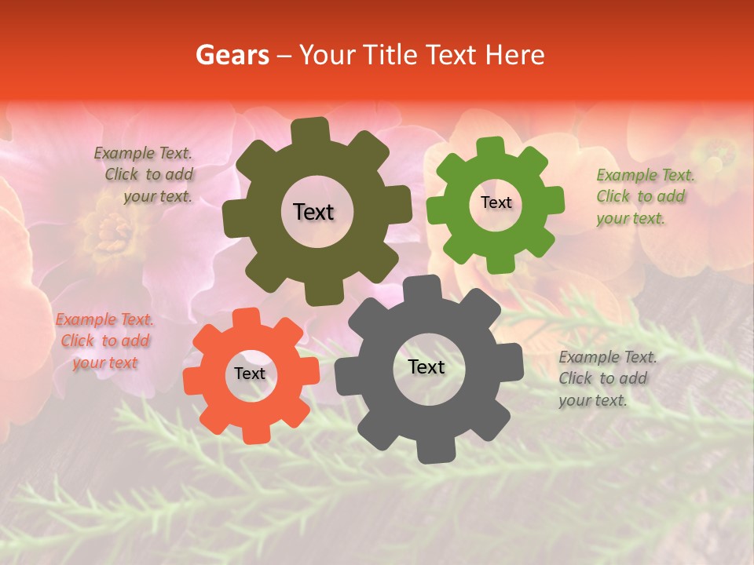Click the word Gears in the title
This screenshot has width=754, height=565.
232,55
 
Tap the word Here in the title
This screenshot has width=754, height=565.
515,55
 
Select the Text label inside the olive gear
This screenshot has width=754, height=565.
313,212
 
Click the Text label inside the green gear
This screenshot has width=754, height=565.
496,202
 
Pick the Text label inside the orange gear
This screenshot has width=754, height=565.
250,374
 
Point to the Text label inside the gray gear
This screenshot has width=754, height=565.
426,367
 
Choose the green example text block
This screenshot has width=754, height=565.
645,196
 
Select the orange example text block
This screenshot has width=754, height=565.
104,341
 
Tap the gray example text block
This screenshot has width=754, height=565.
607,378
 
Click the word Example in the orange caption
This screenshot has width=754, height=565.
86,319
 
